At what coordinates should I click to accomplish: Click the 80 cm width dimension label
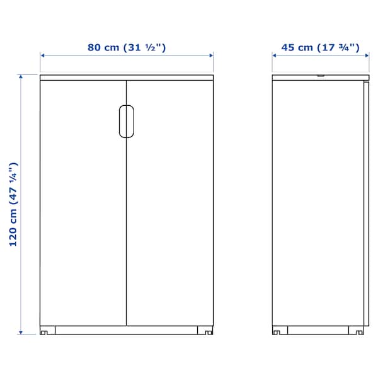click(127, 47)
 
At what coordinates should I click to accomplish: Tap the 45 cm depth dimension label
click(320, 47)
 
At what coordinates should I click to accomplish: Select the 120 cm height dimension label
click(13, 204)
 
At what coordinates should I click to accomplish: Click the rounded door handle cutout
click(127, 122)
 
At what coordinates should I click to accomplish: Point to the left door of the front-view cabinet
click(83, 203)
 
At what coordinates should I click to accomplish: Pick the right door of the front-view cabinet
click(170, 203)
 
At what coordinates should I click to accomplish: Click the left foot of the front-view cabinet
click(47, 330)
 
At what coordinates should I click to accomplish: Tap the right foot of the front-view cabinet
click(205, 330)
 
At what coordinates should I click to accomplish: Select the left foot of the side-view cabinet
click(280, 330)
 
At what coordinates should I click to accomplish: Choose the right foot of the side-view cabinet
click(357, 330)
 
